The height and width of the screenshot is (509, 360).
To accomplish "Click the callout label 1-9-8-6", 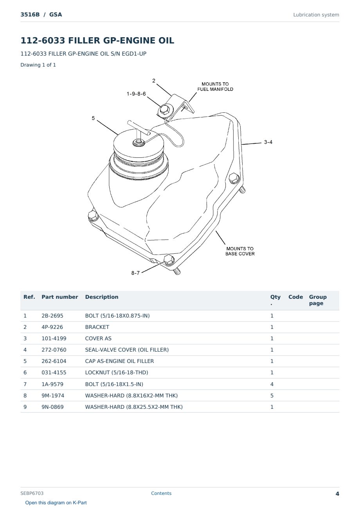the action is coord(136,94).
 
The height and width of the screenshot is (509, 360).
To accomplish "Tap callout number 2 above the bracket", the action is coord(154,81).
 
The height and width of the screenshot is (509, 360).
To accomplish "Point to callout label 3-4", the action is coord(268,142).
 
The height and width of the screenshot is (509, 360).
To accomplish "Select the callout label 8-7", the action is coord(135,273).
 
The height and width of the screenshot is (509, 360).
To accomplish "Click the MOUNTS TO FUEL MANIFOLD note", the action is coord(215,87).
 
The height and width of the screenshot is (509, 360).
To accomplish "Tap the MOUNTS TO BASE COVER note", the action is coord(240,251).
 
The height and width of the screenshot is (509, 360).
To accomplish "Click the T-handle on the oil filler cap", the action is coord(139,128).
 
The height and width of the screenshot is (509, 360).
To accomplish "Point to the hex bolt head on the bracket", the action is coord(164,110).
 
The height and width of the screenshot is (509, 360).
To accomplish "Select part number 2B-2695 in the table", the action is coord(52,316).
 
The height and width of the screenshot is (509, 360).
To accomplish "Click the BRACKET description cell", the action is coord(97,327).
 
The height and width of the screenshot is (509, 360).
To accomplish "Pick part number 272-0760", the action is coord(54,350).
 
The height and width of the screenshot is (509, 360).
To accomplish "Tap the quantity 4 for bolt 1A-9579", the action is coord(272,384).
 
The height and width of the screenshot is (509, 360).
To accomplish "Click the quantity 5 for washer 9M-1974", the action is coord(272,395).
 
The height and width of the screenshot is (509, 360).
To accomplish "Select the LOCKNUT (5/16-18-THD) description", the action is coord(117,372).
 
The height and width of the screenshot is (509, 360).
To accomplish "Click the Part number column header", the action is coord(60,297).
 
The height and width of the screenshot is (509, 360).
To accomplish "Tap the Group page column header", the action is coord(318,300).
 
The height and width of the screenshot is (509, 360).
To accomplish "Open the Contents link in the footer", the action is coord(161,493).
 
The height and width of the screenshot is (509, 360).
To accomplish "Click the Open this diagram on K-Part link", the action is coord(56,503).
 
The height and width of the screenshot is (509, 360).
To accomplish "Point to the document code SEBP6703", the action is coord(32,493).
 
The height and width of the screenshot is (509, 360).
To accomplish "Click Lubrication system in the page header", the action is coord(316,15).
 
